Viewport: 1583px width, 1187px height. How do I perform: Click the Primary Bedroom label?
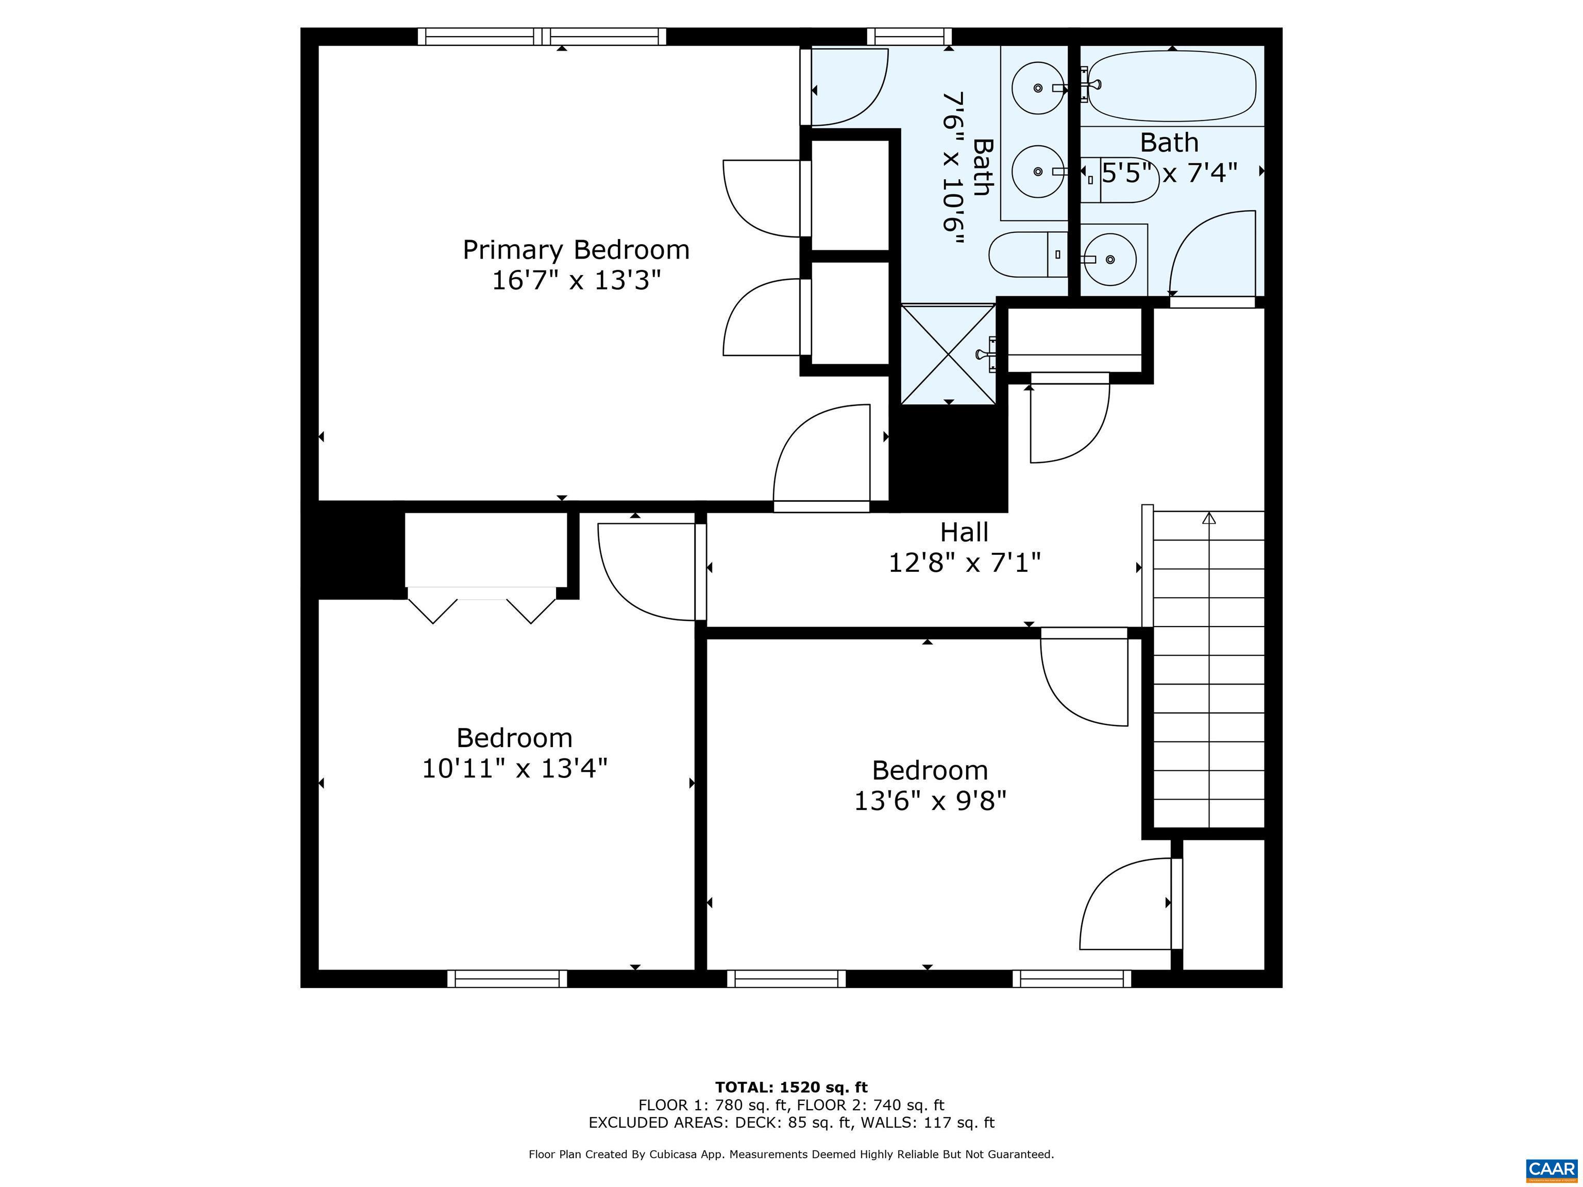click(x=576, y=250)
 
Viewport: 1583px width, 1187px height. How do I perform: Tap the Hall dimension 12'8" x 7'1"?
click(x=964, y=563)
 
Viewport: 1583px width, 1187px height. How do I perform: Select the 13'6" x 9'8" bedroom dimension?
click(x=930, y=801)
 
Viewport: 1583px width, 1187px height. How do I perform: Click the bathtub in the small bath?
click(x=1171, y=86)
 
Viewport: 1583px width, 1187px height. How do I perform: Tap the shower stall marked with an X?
click(x=948, y=354)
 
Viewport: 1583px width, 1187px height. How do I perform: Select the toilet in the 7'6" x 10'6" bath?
click(x=1028, y=254)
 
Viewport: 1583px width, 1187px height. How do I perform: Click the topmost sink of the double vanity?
click(x=1038, y=87)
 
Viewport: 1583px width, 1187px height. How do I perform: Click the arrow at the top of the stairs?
click(x=1209, y=518)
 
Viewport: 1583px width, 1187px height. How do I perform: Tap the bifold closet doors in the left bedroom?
click(x=482, y=605)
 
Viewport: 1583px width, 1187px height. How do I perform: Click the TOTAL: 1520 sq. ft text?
click(x=791, y=1088)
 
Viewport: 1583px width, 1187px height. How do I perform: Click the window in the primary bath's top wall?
click(x=909, y=36)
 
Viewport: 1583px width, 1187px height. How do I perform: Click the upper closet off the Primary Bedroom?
click(x=849, y=195)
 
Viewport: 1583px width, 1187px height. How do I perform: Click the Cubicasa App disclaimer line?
click(x=791, y=1154)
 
